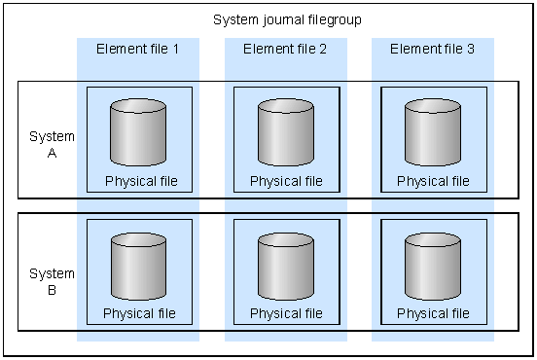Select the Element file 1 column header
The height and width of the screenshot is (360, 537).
pyautogui.click(x=138, y=49)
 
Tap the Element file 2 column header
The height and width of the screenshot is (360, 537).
pyautogui.click(x=286, y=49)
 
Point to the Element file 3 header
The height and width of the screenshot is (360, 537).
pyautogui.click(x=433, y=49)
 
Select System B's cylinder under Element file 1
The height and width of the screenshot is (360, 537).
pyautogui.click(x=138, y=265)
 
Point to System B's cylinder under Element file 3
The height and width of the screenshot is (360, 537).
pyautogui.click(x=433, y=265)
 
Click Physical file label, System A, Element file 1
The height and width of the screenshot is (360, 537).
pyautogui.click(x=140, y=181)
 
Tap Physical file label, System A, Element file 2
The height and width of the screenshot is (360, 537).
pyautogui.click(x=286, y=181)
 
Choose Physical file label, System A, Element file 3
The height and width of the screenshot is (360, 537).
pyautogui.click(x=434, y=181)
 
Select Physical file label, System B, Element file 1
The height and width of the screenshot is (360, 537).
pyautogui.click(x=140, y=313)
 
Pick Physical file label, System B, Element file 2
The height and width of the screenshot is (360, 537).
pyautogui.click(x=286, y=313)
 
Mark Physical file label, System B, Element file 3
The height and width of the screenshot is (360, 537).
pyautogui.click(x=434, y=313)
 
